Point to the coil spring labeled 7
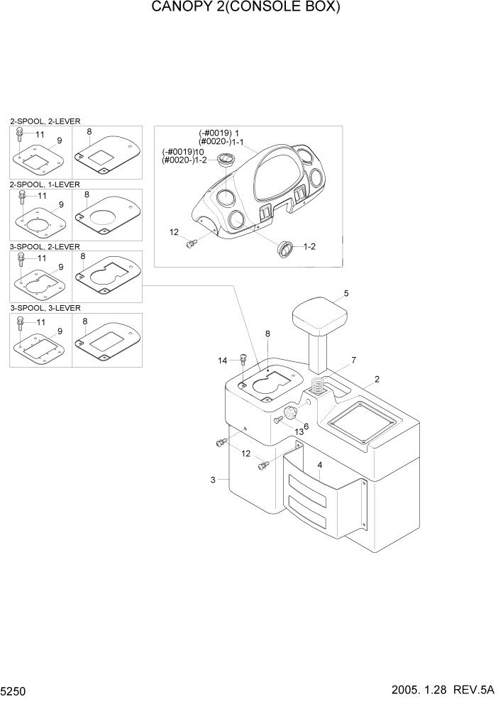click(320, 390)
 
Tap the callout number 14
click(222, 361)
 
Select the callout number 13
click(299, 431)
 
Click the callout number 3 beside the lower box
click(213, 480)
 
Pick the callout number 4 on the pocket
click(320, 465)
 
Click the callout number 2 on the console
click(377, 379)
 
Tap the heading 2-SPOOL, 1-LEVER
click(45, 185)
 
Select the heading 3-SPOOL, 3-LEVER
click(45, 308)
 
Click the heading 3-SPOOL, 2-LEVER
click(45, 246)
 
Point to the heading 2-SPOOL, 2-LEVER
click(45, 122)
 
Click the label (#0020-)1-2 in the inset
click(184, 160)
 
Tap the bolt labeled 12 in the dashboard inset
click(190, 244)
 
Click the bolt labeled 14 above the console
click(243, 360)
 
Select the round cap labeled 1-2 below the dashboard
click(285, 248)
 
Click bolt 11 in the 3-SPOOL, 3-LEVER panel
click(21, 324)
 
